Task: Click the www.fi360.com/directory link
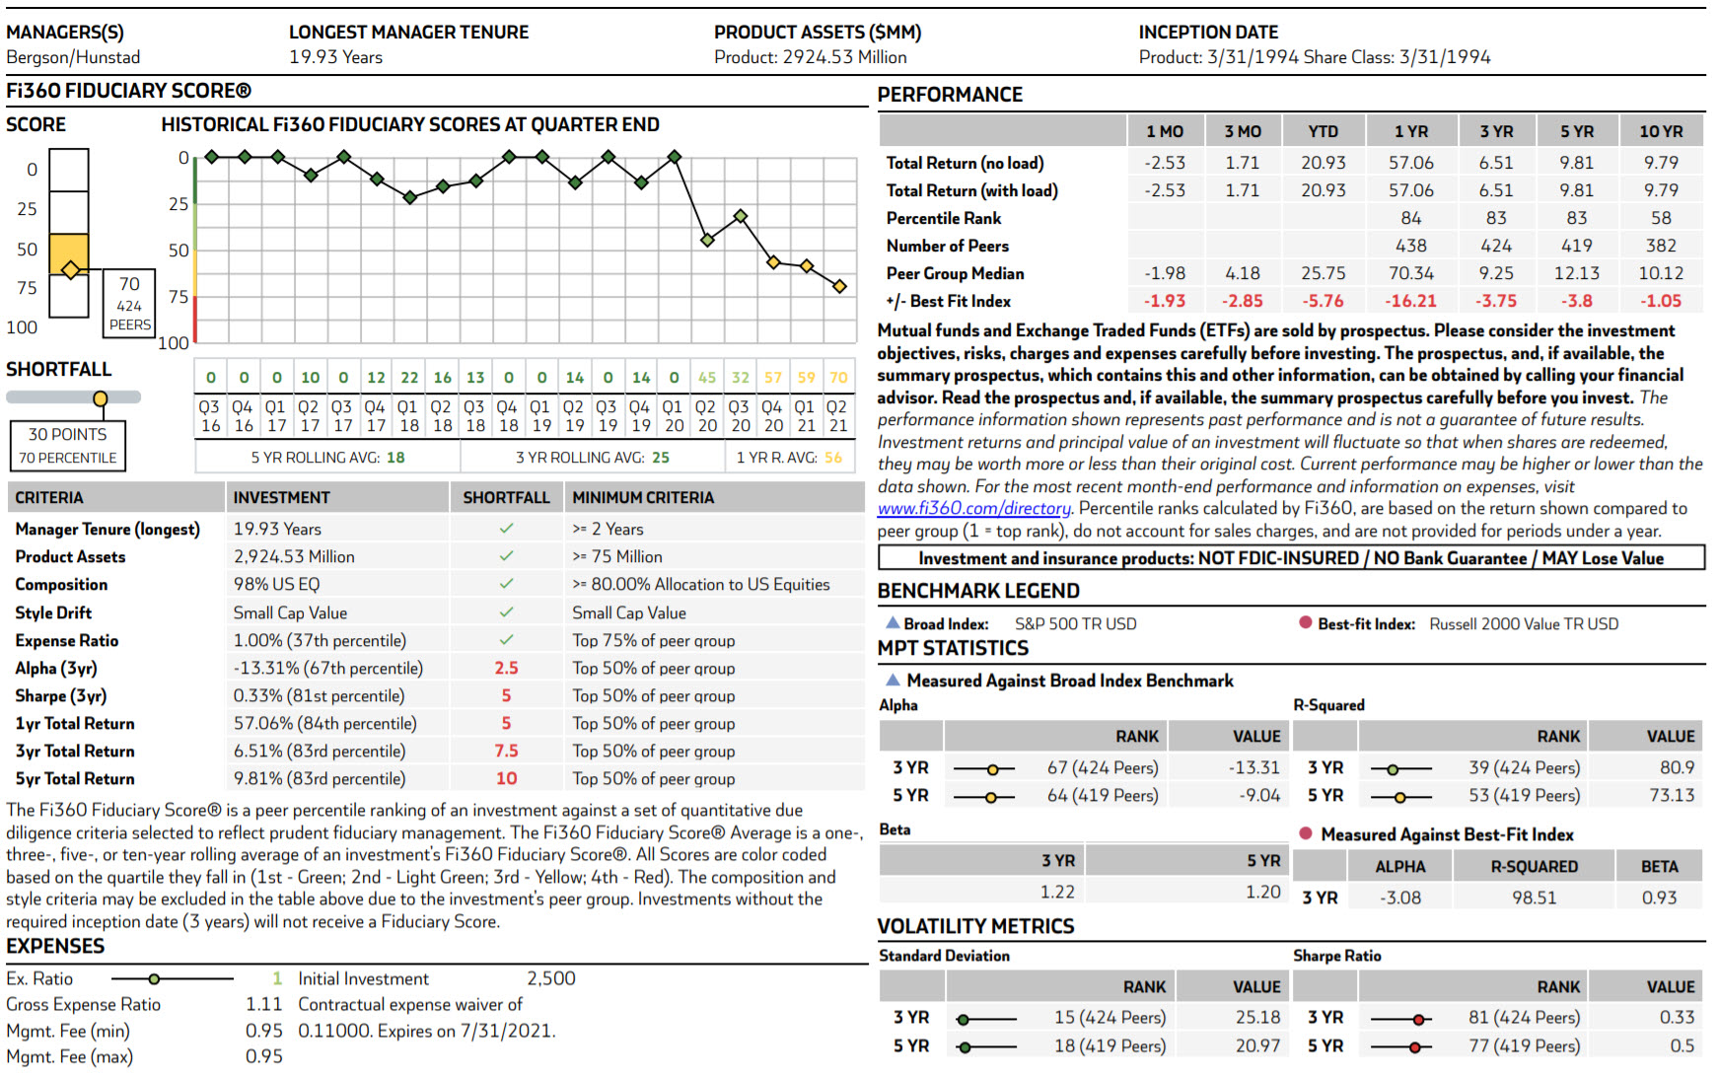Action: tap(973, 509)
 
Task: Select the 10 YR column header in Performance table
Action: tap(1661, 132)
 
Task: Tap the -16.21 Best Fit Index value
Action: tap(1410, 302)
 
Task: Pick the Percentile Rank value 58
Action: tap(1661, 218)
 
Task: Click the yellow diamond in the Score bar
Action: tap(70, 269)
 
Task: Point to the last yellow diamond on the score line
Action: tap(839, 286)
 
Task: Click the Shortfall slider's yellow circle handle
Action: tap(100, 398)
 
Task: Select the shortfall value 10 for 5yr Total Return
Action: tap(506, 779)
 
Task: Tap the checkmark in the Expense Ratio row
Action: tap(506, 640)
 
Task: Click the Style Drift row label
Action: tap(53, 612)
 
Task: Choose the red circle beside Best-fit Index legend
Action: tap(1305, 622)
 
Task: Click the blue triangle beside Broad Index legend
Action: tap(892, 622)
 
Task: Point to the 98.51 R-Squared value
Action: tap(1534, 898)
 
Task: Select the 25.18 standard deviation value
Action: tap(1257, 1017)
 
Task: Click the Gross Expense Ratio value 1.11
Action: tap(263, 1004)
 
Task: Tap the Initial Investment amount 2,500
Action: tap(550, 978)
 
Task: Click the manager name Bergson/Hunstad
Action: tap(73, 57)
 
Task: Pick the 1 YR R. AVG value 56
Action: tap(833, 458)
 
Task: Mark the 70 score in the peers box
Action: tap(129, 284)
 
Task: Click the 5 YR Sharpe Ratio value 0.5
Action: tap(1682, 1045)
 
